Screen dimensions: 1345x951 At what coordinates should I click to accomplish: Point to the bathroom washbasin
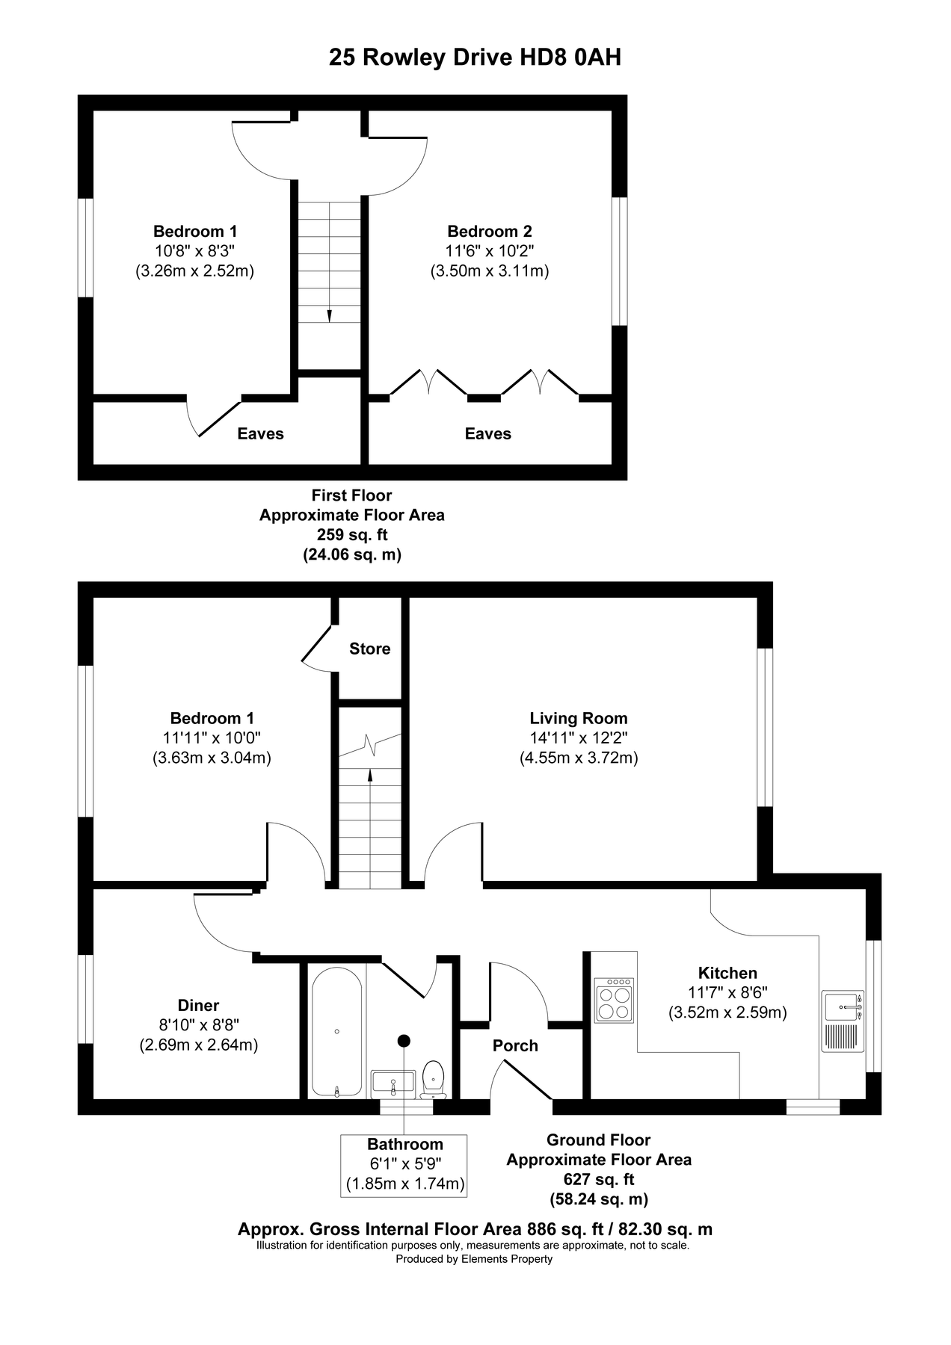point(393,1082)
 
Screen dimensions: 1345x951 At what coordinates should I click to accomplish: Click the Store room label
point(369,649)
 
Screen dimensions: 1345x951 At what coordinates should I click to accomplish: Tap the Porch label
point(515,1045)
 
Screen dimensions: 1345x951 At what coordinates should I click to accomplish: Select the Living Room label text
point(578,718)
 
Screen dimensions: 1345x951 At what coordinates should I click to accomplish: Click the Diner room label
point(198,1005)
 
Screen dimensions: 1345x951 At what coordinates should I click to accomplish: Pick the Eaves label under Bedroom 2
point(487,433)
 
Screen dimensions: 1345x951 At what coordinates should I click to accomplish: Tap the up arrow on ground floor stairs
point(369,775)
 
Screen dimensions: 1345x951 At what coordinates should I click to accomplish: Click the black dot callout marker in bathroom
point(404,1040)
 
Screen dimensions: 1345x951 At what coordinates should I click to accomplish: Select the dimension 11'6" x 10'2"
point(490,251)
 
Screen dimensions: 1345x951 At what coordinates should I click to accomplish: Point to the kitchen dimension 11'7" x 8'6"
point(727,993)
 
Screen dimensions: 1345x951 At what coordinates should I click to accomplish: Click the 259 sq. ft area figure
point(351,535)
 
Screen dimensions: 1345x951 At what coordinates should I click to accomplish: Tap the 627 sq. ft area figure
point(598,1179)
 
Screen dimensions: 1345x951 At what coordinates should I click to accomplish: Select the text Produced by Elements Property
point(474,1259)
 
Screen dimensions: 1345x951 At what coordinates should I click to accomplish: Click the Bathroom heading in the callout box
point(404,1144)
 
